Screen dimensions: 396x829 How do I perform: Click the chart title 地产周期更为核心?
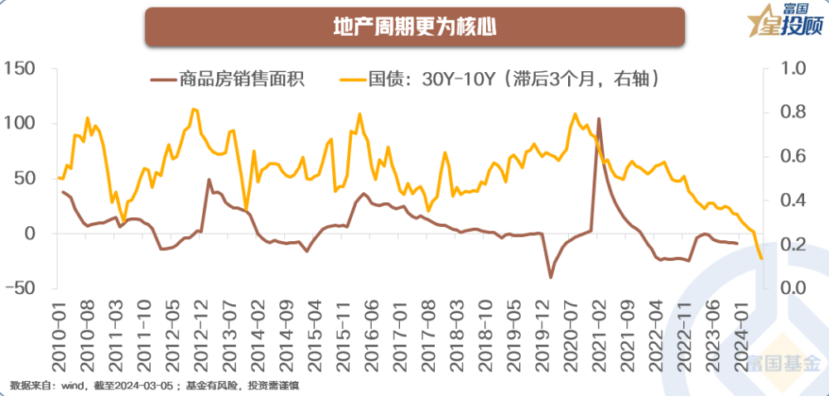click(x=414, y=27)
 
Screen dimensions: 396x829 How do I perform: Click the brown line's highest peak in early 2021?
click(x=599, y=119)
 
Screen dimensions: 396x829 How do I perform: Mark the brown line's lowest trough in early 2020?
click(x=550, y=278)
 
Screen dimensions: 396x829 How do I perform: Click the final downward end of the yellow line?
click(x=761, y=258)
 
